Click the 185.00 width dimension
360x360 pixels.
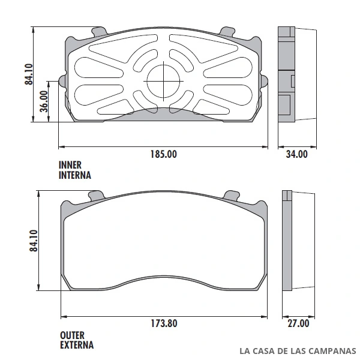(164, 154)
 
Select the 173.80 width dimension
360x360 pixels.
(164, 323)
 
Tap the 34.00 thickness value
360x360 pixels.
(296, 154)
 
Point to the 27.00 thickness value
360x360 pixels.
(298, 323)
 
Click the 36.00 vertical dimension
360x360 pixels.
(44, 101)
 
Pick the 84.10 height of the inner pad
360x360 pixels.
(29, 74)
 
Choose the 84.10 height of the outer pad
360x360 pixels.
(34, 241)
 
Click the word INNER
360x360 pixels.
(70, 165)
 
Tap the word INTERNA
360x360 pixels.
(75, 175)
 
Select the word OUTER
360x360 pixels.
(72, 335)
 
